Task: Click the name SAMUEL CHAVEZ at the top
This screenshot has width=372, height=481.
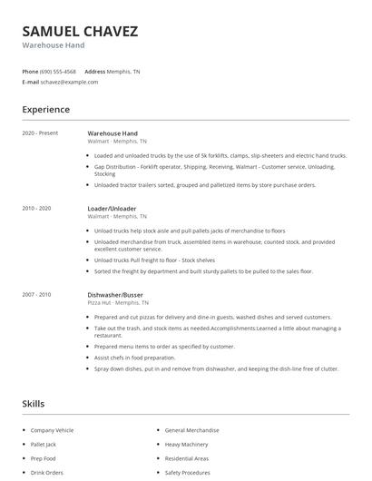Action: (x=80, y=31)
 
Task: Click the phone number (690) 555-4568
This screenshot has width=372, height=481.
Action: (x=58, y=71)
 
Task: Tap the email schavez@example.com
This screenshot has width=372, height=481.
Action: (x=69, y=82)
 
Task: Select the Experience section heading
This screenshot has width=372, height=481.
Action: (x=45, y=110)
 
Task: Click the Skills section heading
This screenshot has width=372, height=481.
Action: (x=33, y=404)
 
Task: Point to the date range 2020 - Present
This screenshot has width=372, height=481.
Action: (x=40, y=133)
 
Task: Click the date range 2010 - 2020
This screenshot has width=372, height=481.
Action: (x=38, y=209)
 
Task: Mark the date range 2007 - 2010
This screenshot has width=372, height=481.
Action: (x=38, y=294)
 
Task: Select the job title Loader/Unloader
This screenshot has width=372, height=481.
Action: (x=112, y=209)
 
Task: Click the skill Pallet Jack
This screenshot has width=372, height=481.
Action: (x=44, y=446)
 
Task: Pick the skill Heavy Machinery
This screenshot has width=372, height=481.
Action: (x=187, y=446)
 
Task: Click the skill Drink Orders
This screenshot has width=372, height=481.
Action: (x=48, y=473)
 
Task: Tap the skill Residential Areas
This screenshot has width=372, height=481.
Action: (x=188, y=459)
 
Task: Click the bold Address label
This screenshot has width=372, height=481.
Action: (x=95, y=71)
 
